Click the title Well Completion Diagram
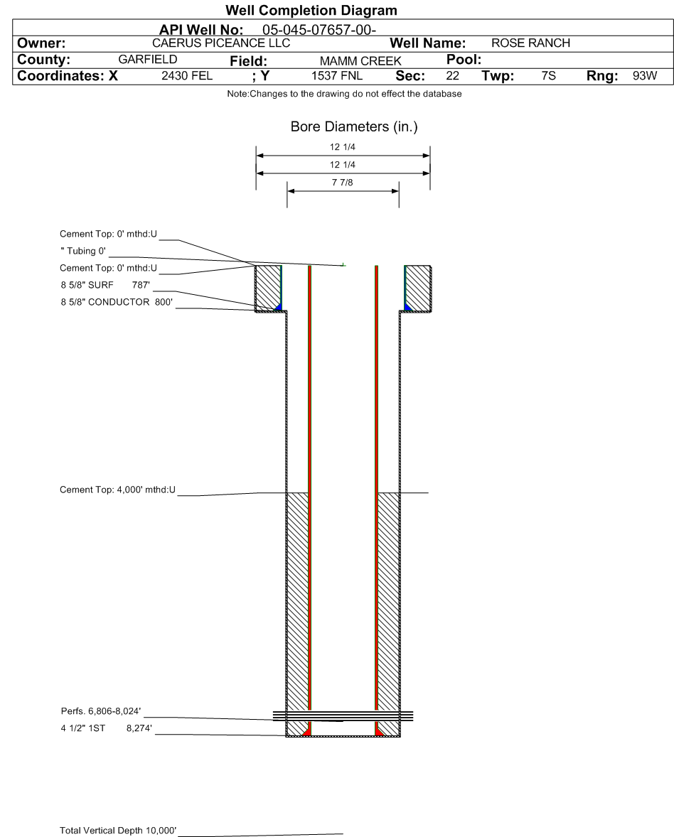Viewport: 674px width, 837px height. coord(311,10)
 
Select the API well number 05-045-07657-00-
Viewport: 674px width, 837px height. coord(319,30)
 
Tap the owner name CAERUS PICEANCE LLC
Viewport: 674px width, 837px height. coord(221,43)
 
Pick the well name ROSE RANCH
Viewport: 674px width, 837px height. coord(531,43)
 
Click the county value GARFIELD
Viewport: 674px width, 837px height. coord(148,59)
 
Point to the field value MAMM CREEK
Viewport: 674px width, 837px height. coord(360,61)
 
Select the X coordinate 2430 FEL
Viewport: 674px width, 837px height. coord(187,76)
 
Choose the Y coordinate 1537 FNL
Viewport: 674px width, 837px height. coord(337,76)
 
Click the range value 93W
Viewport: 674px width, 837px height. coord(645,76)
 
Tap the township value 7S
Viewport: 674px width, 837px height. coord(548,76)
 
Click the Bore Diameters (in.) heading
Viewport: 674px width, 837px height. coord(354,126)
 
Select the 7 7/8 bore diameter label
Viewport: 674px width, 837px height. coord(343,183)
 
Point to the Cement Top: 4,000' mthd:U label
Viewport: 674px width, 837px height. coord(117,490)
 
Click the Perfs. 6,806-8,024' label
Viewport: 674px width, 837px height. coord(101,711)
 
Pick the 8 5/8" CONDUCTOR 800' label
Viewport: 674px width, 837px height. coord(117,302)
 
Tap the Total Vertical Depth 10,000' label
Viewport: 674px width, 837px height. coord(118,830)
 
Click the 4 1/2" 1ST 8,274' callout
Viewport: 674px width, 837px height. coord(106,728)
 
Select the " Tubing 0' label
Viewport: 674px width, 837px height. coord(83,251)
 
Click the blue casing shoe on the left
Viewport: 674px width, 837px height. coord(278,307)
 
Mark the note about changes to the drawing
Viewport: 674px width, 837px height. coord(345,94)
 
